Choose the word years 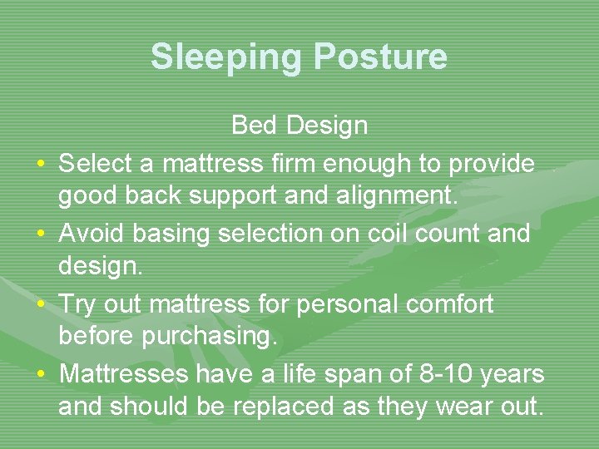513,374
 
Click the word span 345,374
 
